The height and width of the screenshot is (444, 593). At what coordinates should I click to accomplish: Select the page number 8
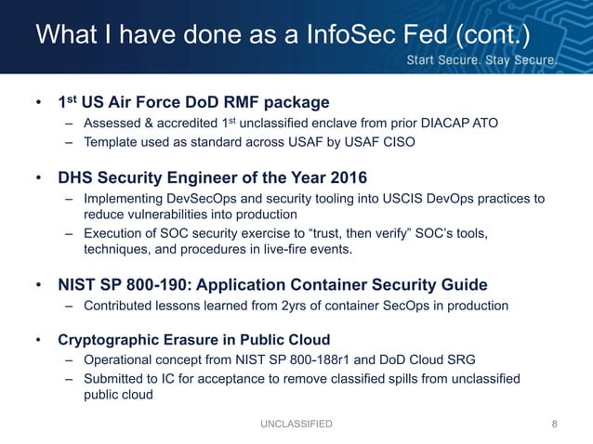tap(555, 424)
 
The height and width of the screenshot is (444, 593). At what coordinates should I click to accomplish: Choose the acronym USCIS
tap(381, 199)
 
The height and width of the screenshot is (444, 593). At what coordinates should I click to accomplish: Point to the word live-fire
tap(321, 252)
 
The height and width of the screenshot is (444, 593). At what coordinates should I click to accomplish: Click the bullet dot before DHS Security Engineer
tap(39, 176)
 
